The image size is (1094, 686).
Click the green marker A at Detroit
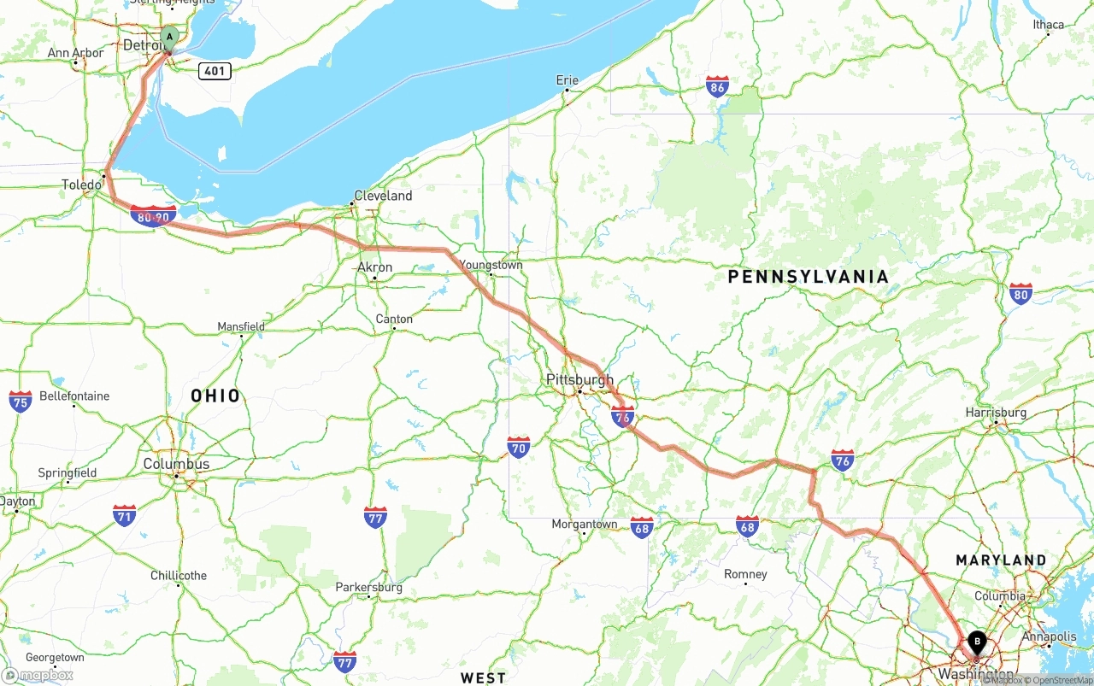coord(169,38)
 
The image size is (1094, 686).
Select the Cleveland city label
coord(383,196)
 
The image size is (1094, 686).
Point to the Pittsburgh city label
coord(579,379)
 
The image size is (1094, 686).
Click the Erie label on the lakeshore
coord(568,80)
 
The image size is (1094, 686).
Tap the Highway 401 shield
coord(215,70)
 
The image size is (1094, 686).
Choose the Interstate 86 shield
coord(717,86)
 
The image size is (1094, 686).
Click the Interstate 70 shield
coord(518,447)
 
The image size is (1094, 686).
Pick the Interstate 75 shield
coord(21,402)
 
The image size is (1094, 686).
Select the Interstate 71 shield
coord(124,515)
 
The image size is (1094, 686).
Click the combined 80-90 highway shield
coord(154,216)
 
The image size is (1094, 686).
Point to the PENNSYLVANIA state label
coord(808,277)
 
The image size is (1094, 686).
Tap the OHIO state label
coord(215,396)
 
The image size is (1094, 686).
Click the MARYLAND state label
coord(1001,560)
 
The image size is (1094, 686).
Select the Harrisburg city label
coord(996,413)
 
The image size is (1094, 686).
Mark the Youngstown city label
coord(491,265)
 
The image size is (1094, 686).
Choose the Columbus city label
coord(176,464)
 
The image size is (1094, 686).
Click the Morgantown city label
coord(584,524)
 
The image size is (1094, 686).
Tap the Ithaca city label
coord(1048,24)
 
